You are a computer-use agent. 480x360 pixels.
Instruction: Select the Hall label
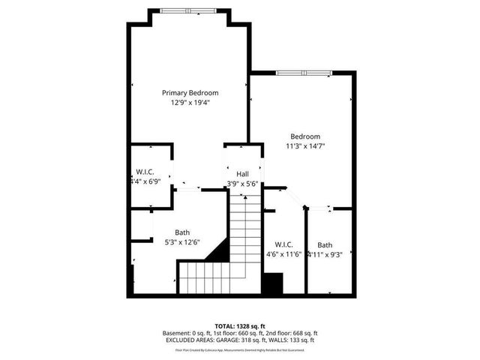click(x=243, y=174)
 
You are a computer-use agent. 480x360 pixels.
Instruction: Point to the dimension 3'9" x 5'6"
click(x=243, y=184)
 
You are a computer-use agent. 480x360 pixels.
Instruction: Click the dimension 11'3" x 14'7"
click(x=305, y=146)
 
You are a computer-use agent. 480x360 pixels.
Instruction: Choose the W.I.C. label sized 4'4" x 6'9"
click(x=145, y=172)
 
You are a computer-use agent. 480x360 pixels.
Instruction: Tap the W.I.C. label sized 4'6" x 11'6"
click(x=283, y=244)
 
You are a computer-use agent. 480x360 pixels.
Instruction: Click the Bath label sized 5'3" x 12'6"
click(x=182, y=232)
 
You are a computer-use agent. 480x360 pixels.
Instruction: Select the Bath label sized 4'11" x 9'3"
click(x=325, y=244)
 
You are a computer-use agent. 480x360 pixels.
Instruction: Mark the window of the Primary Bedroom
click(x=187, y=10)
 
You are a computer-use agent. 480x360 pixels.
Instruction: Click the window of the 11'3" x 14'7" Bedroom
click(x=303, y=73)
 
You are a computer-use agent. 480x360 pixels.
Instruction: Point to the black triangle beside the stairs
click(x=217, y=251)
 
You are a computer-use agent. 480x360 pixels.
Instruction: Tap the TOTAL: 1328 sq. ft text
click(x=240, y=326)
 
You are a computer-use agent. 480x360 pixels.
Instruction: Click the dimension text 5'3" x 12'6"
click(x=182, y=242)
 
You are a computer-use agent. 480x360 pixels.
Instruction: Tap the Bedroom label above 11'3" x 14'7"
click(x=305, y=136)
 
